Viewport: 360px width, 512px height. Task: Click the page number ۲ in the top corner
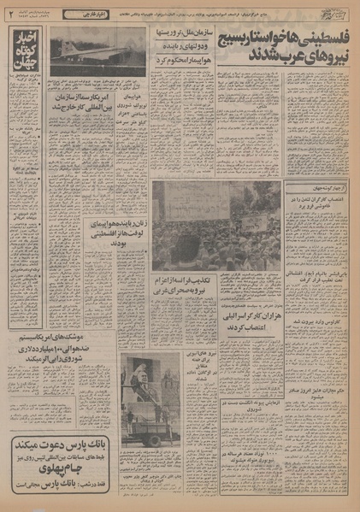9,14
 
